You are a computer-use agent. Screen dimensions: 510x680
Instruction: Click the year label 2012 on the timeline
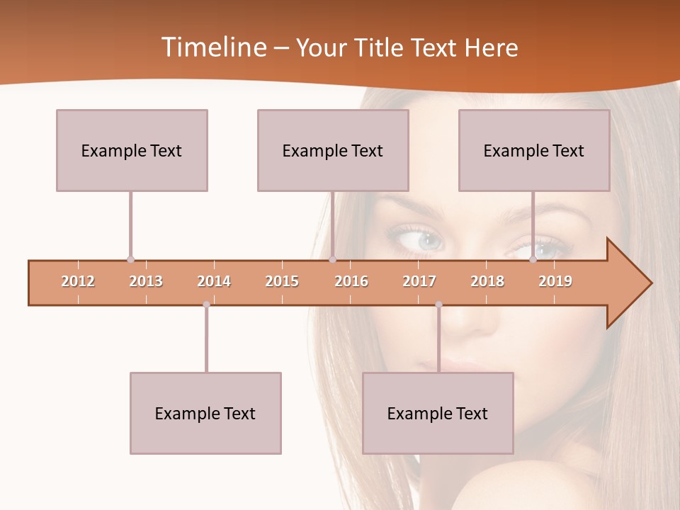(78, 281)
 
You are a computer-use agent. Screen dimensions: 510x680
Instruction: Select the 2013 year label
(146, 281)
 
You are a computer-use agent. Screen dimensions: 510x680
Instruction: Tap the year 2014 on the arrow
(214, 281)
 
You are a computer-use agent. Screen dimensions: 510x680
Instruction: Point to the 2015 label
(282, 281)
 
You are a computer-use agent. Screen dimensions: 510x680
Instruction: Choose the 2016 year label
(351, 281)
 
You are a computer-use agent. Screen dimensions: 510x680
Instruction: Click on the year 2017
(419, 281)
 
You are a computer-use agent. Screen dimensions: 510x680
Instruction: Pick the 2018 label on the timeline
(487, 281)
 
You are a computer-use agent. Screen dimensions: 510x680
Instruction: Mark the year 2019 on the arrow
(555, 281)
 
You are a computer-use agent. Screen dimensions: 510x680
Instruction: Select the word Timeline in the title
(213, 47)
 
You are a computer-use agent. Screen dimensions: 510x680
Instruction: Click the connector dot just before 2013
(130, 259)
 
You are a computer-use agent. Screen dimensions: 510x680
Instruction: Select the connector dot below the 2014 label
(206, 305)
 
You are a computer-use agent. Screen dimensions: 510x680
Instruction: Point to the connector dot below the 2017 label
(438, 305)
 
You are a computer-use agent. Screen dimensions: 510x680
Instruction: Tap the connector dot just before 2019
(533, 259)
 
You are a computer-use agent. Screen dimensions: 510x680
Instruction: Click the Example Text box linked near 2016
(333, 150)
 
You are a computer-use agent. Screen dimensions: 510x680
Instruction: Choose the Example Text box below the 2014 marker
(205, 413)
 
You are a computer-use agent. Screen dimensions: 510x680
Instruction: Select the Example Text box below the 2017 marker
(438, 413)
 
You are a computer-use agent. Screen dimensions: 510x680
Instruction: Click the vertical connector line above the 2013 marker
(130, 223)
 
